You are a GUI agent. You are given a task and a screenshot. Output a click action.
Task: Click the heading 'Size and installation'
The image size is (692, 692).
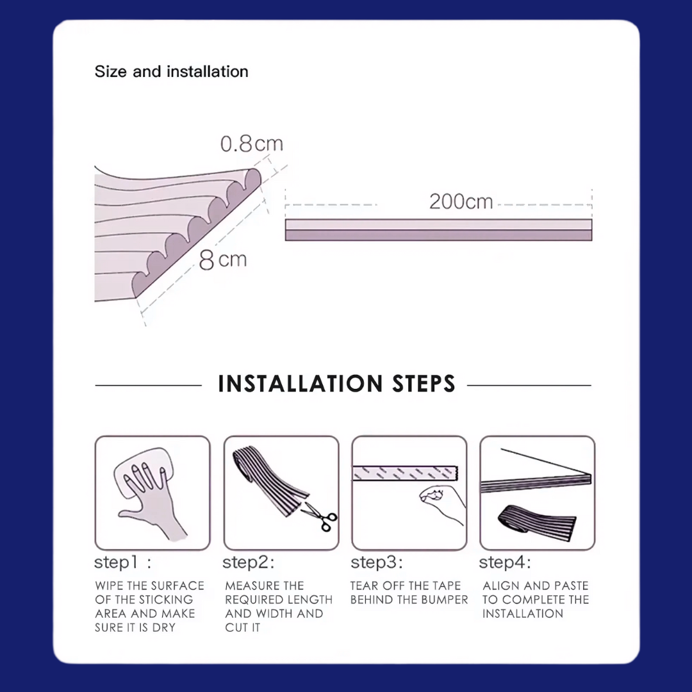click(x=171, y=72)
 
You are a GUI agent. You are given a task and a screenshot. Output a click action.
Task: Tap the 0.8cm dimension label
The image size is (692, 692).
click(x=252, y=144)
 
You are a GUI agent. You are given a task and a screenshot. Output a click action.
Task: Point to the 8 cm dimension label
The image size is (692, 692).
click(x=223, y=259)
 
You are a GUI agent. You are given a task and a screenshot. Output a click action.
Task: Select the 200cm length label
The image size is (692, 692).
click(x=461, y=202)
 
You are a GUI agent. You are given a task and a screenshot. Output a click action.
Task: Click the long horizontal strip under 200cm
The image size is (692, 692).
click(x=438, y=230)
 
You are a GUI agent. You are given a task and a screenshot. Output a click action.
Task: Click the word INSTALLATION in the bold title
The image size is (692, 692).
click(x=300, y=384)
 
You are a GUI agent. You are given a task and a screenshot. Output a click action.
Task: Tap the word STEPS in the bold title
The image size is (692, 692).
click(x=424, y=384)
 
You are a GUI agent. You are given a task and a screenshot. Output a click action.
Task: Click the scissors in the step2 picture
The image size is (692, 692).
click(x=320, y=518)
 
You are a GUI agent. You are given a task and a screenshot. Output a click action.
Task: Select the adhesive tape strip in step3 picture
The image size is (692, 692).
click(x=405, y=474)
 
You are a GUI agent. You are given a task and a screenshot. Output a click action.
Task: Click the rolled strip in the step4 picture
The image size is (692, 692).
click(x=537, y=521)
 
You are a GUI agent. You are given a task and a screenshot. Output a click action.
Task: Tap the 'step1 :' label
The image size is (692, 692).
click(x=122, y=563)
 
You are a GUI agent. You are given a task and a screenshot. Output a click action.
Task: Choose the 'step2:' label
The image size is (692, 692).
click(x=249, y=563)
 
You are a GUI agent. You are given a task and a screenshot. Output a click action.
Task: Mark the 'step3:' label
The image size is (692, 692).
click(x=377, y=563)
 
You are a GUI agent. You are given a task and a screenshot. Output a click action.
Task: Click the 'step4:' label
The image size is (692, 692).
click(x=505, y=563)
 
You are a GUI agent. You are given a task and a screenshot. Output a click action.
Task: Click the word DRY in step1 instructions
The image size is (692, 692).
click(x=164, y=627)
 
